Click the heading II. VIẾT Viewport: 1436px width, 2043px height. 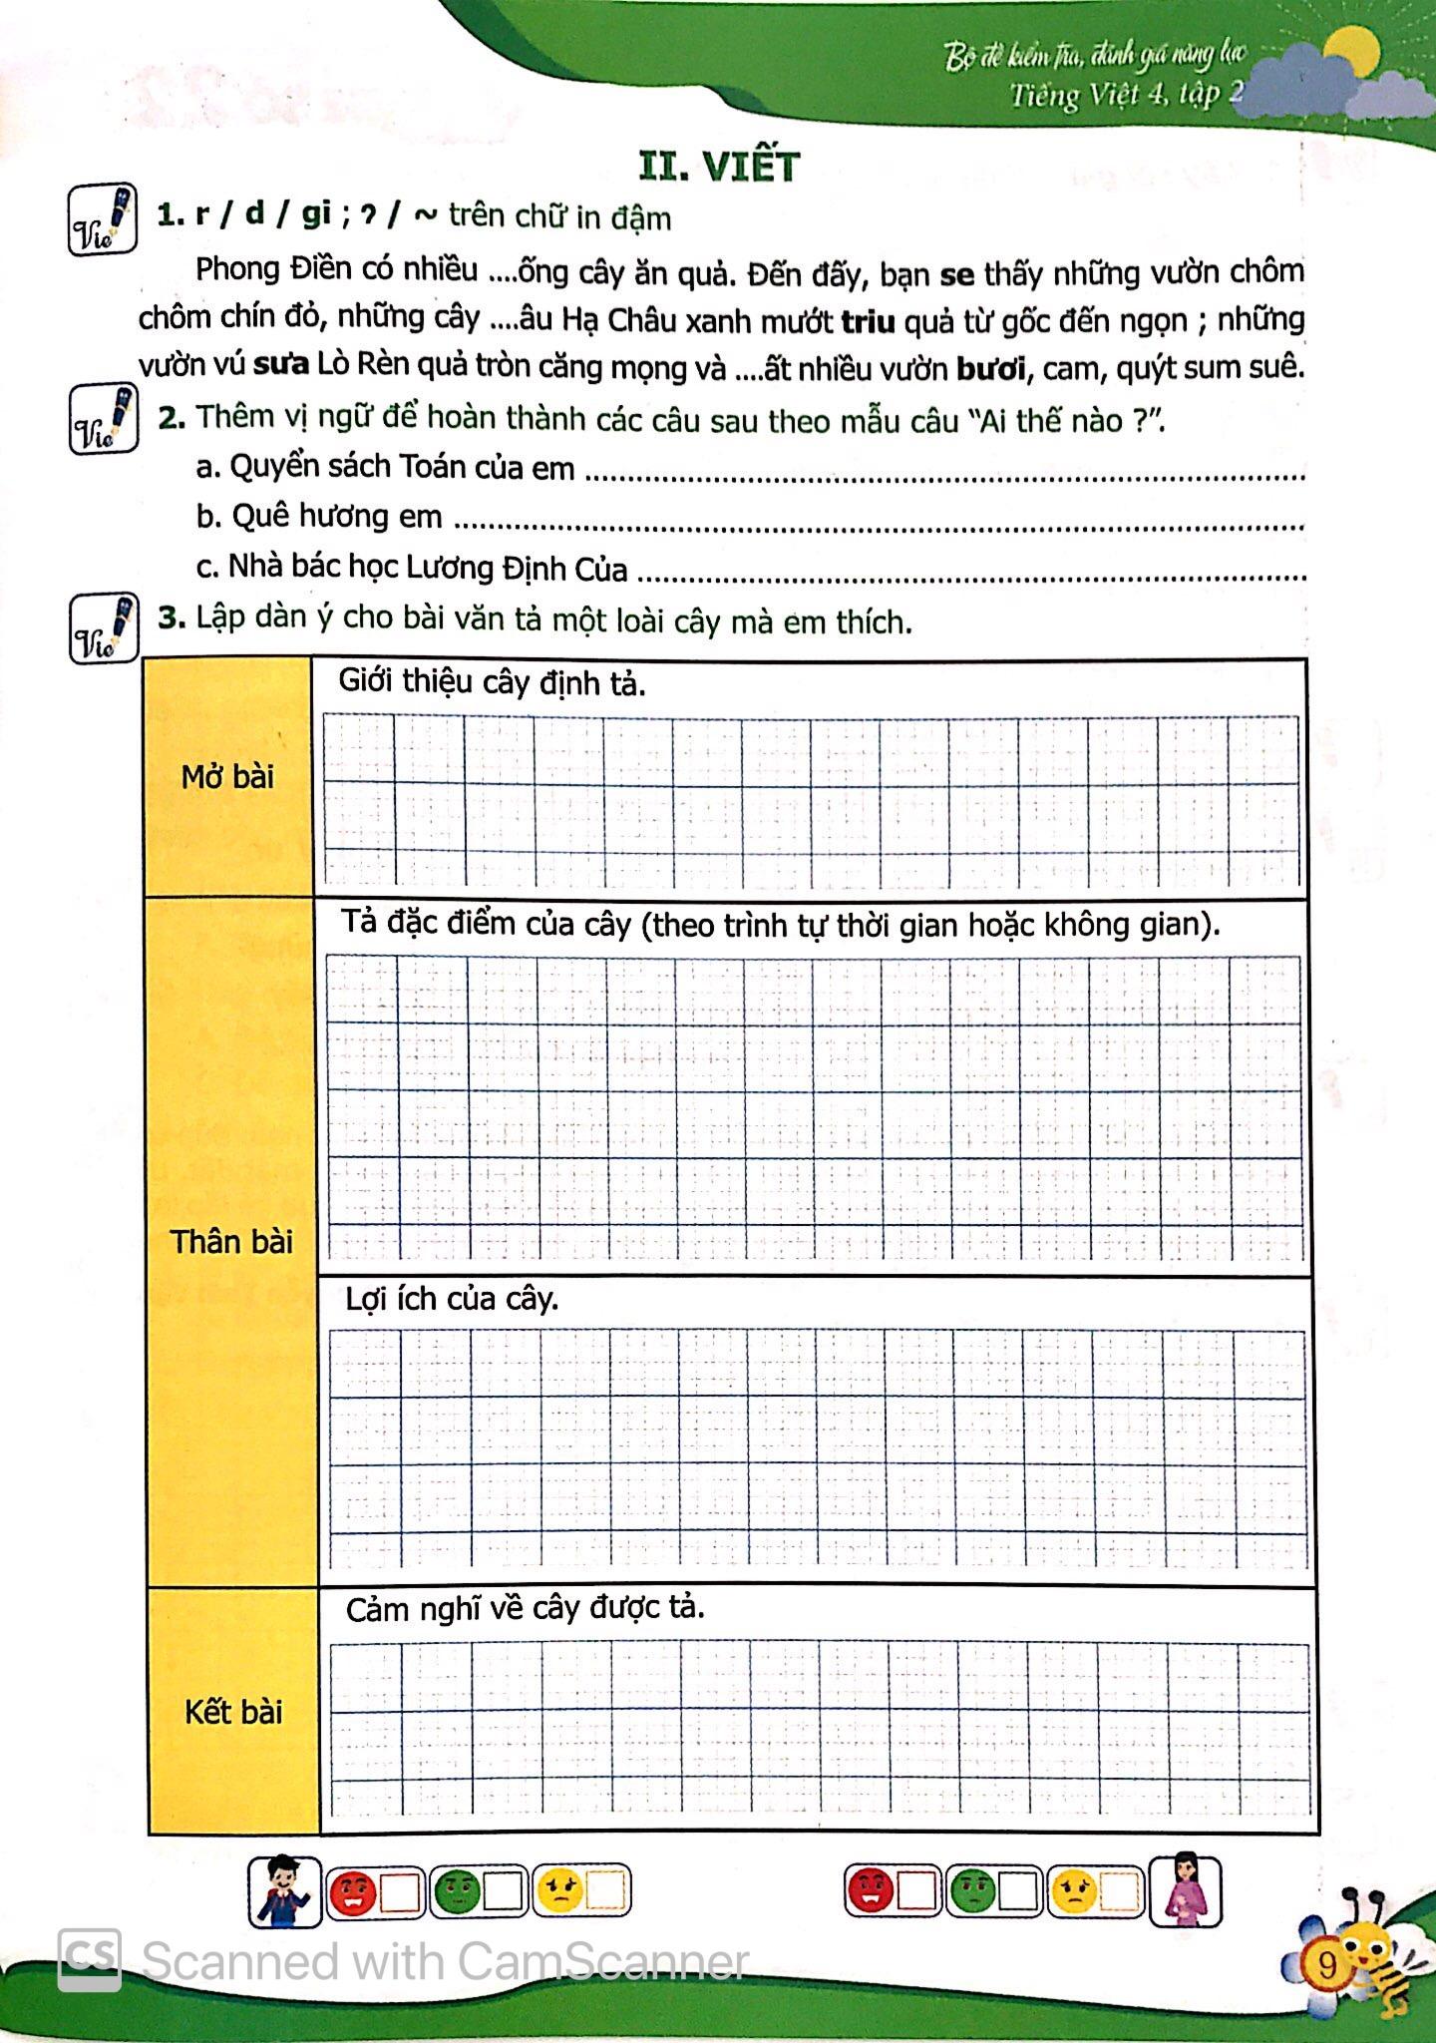(x=718, y=167)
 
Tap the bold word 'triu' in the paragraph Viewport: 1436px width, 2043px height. (x=867, y=321)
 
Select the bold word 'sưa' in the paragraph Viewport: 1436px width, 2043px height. (x=280, y=366)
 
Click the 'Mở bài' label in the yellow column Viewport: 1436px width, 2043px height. (x=227, y=777)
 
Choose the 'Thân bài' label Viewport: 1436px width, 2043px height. (x=231, y=1242)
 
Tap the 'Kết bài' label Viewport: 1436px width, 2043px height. (x=233, y=1712)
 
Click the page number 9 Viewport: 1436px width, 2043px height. (x=1326, y=1966)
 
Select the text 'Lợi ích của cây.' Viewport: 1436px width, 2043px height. (x=451, y=1299)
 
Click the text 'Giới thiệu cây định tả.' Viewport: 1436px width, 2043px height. (x=492, y=683)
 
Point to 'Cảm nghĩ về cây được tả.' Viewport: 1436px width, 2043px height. (x=525, y=1609)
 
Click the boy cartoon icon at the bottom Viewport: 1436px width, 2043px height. (x=284, y=1890)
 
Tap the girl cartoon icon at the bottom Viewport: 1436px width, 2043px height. (x=1185, y=1890)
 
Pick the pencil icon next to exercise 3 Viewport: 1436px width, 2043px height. (x=104, y=628)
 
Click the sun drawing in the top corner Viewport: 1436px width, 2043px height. (x=1351, y=50)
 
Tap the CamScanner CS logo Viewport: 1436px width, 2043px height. (x=90, y=1958)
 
